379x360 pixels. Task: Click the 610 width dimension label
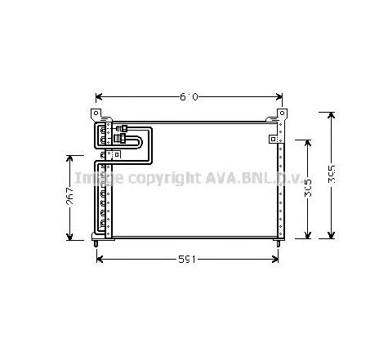pyautogui.click(x=189, y=97)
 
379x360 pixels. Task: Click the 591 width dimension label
pyautogui.click(x=187, y=260)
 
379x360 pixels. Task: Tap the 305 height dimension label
pyautogui.click(x=307, y=189)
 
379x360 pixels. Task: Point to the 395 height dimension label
pyautogui.click(x=332, y=175)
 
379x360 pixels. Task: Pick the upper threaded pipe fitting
pyautogui.click(x=123, y=128)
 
